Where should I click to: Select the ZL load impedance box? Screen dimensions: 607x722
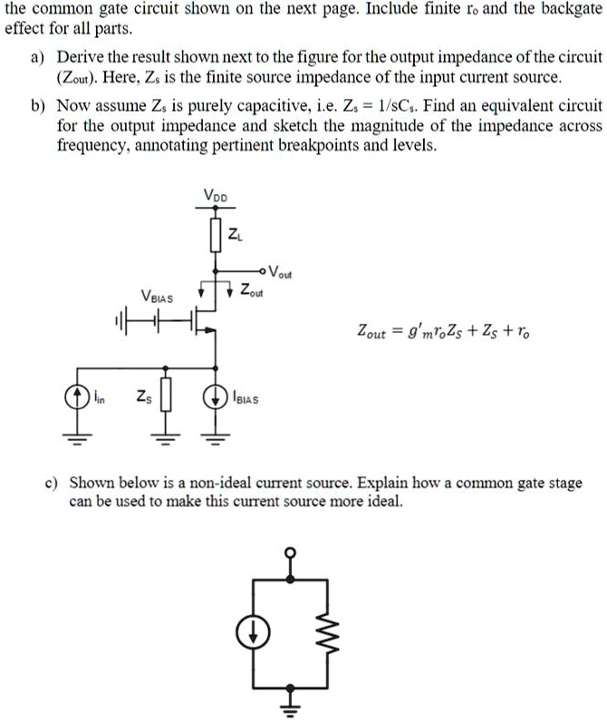[x=216, y=233]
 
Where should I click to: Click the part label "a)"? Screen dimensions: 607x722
[x=38, y=57]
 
